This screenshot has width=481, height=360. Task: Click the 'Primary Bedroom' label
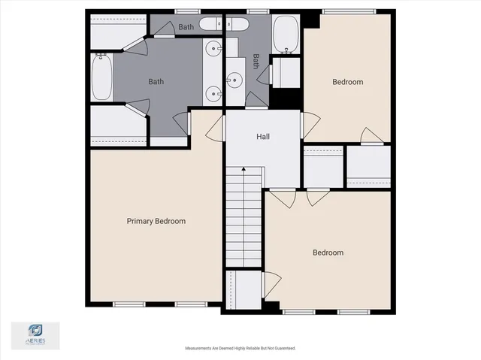pyautogui.click(x=156, y=221)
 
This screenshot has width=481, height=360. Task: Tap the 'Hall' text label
pyautogui.click(x=263, y=137)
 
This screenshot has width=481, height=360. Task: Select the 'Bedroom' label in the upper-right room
pyautogui.click(x=347, y=82)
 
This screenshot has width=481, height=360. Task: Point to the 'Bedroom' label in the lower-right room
pyautogui.click(x=328, y=253)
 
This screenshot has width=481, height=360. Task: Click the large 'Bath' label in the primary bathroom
pyautogui.click(x=156, y=82)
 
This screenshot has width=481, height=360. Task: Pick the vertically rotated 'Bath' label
pyautogui.click(x=256, y=59)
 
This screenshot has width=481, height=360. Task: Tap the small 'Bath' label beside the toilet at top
pyautogui.click(x=186, y=28)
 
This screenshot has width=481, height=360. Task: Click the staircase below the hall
pyautogui.click(x=244, y=218)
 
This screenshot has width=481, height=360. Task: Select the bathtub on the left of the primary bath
pyautogui.click(x=101, y=77)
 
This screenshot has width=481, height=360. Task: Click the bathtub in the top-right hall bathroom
pyautogui.click(x=286, y=34)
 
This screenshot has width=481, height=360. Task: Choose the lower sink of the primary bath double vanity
pyautogui.click(x=214, y=94)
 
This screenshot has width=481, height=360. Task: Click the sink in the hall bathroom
pyautogui.click(x=234, y=79)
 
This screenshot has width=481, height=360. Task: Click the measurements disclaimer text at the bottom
pyautogui.click(x=240, y=349)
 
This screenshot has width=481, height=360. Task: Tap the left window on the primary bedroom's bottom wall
pyautogui.click(x=129, y=304)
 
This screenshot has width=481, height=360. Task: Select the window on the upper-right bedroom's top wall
pyautogui.click(x=339, y=11)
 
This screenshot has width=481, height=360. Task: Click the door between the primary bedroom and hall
pyautogui.click(x=215, y=128)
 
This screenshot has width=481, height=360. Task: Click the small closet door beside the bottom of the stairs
pyautogui.click(x=271, y=284)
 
